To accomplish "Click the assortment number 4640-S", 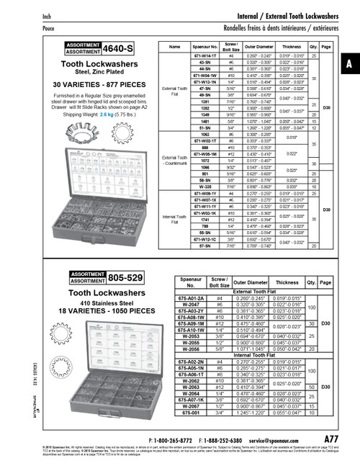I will (x=117, y=49).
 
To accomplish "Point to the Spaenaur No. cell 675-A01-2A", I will (x=197, y=298).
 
